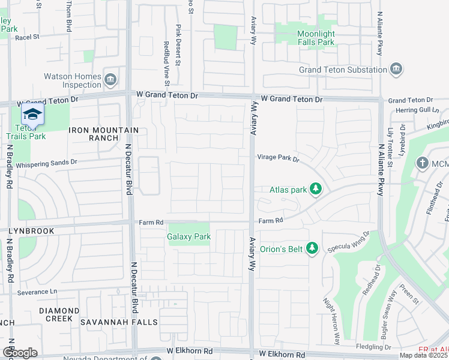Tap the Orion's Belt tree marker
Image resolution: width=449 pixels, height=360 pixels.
[x=312, y=248]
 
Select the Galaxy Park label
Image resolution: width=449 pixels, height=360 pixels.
[x=189, y=236]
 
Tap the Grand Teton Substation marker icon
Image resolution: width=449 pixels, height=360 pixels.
[x=396, y=69]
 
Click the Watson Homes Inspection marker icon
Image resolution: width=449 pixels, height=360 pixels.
[x=110, y=79]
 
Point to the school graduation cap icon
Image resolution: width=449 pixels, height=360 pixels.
[x=32, y=115]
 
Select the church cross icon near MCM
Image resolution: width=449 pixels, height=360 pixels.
[x=423, y=163]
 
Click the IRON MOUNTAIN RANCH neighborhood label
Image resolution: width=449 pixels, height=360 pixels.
[x=103, y=134]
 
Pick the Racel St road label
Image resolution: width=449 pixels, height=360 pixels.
[x=27, y=37]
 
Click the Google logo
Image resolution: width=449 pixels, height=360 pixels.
[x=20, y=352]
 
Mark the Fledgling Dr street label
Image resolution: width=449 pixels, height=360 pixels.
[x=372, y=347]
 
